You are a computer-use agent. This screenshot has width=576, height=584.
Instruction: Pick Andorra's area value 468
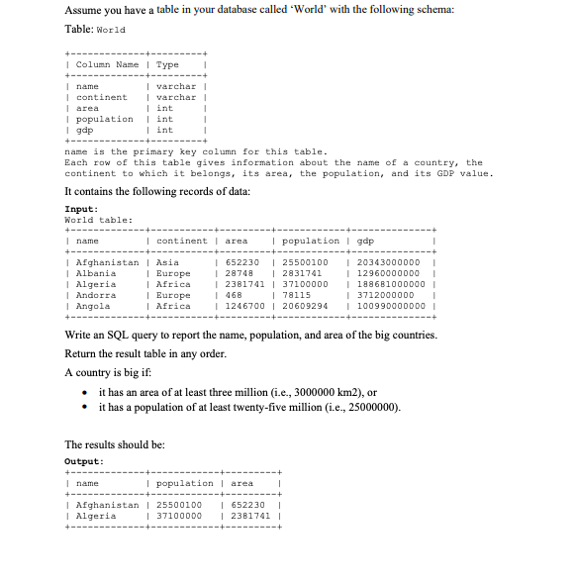(x=235, y=294)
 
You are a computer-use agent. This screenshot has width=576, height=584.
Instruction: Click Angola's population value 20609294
(x=305, y=305)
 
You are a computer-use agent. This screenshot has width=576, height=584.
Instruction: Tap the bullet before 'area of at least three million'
(x=87, y=393)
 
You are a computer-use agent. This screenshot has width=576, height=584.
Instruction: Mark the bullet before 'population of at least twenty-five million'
(x=87, y=407)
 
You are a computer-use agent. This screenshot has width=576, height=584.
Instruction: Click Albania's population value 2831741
(x=302, y=272)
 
